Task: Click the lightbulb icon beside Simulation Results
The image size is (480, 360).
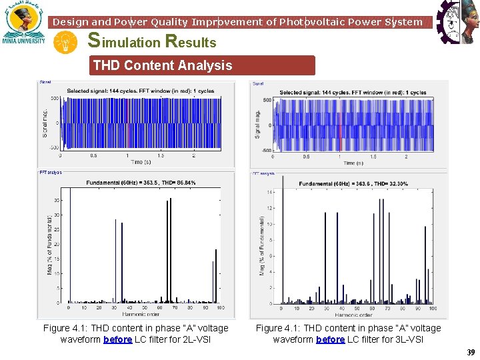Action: click(x=66, y=43)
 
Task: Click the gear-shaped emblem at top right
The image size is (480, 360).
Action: click(x=457, y=22)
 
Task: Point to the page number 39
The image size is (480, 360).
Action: click(x=471, y=352)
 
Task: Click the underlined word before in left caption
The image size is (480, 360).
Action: click(x=117, y=339)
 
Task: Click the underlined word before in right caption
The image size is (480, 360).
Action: click(x=330, y=339)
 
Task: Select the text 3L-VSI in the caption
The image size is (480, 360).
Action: click(x=409, y=339)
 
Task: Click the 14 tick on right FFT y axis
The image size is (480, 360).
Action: click(x=271, y=192)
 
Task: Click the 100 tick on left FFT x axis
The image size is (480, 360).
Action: click(x=220, y=307)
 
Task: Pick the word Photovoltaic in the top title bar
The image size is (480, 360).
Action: click(x=309, y=22)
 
